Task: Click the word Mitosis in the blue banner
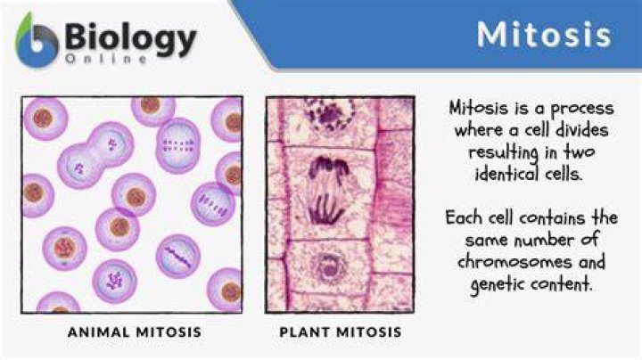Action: [x=544, y=35]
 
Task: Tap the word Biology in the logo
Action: [x=130, y=39]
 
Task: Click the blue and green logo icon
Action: [x=37, y=40]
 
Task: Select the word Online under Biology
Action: [x=106, y=59]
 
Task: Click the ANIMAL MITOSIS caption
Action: [x=135, y=331]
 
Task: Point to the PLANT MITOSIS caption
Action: [x=341, y=331]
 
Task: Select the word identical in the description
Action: [x=506, y=174]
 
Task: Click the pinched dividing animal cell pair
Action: [x=95, y=155]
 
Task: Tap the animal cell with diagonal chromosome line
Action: [x=178, y=257]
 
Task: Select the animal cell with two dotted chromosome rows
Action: [x=178, y=145]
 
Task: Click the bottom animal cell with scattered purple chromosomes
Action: [x=115, y=282]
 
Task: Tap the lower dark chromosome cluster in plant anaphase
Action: [x=325, y=210]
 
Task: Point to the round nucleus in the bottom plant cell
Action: [x=328, y=268]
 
